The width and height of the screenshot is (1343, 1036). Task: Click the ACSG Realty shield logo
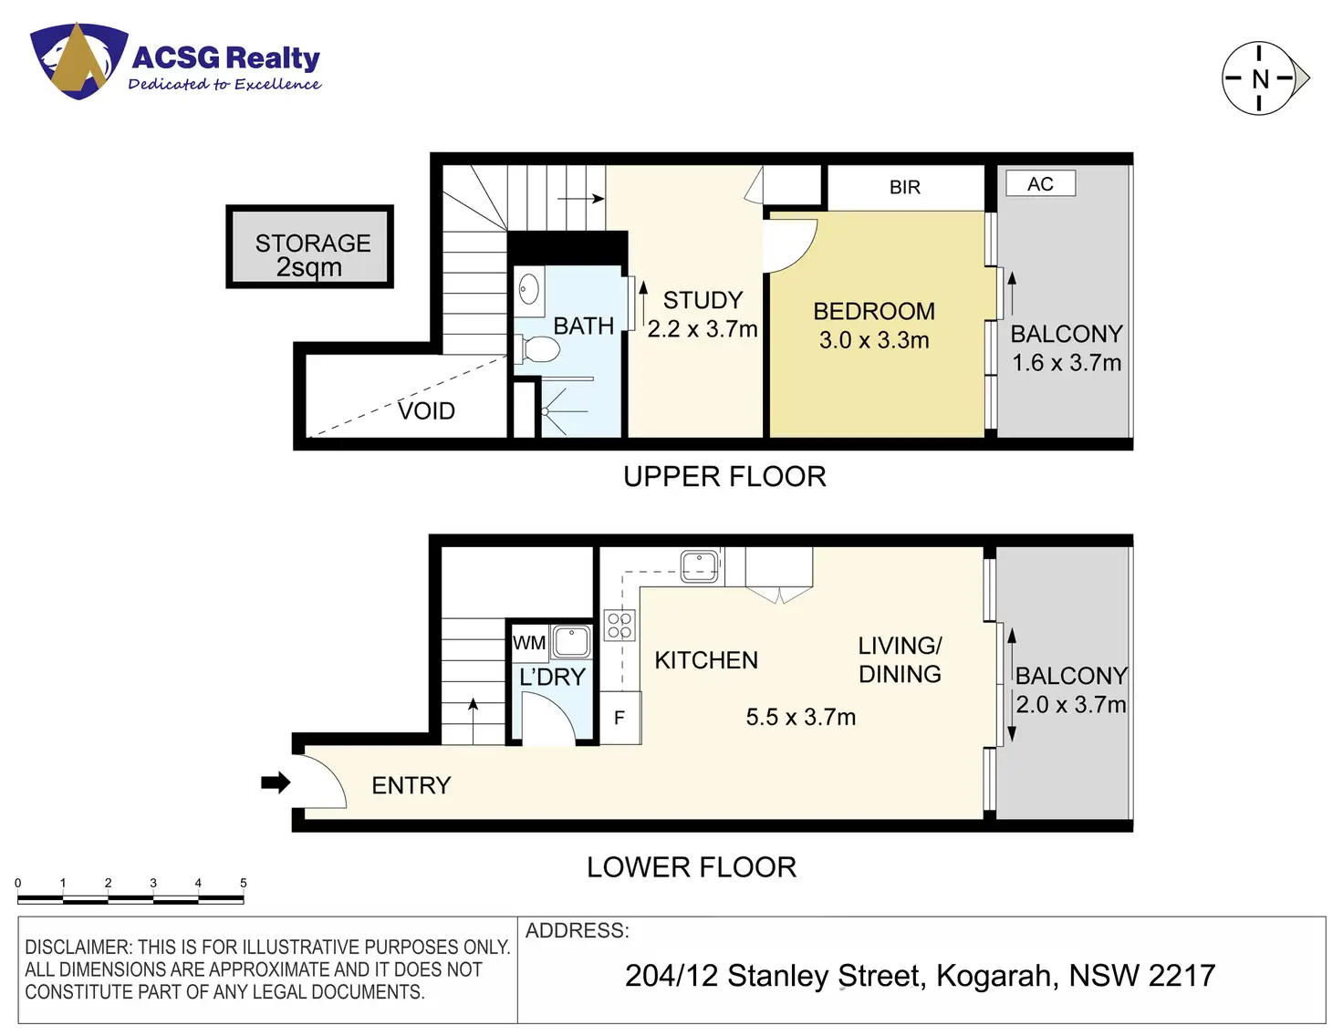point(78,60)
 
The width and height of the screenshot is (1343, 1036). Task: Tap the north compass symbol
point(1260,78)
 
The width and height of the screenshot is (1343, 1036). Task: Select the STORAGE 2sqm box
point(310,247)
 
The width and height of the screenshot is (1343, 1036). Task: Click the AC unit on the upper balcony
point(1040,184)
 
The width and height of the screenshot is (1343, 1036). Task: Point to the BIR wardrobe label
point(905,187)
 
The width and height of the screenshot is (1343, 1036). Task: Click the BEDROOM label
point(874,312)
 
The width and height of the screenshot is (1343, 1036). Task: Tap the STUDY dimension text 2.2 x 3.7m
point(703,329)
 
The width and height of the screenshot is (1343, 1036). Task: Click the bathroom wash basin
point(529,291)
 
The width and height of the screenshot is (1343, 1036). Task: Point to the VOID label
point(426,411)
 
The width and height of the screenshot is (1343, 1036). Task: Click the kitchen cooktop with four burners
point(620,626)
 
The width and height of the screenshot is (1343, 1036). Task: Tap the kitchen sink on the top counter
point(700,565)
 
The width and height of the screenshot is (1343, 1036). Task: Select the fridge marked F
point(619,718)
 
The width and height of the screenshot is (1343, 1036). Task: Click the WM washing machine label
point(529,643)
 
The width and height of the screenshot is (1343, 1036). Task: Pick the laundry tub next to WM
point(572,641)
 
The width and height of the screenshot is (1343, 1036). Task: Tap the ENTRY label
point(411,785)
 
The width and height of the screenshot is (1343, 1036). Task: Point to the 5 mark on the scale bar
point(244,883)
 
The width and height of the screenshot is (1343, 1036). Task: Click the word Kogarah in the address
point(997,976)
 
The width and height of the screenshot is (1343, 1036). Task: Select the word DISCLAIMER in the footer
point(78,948)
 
